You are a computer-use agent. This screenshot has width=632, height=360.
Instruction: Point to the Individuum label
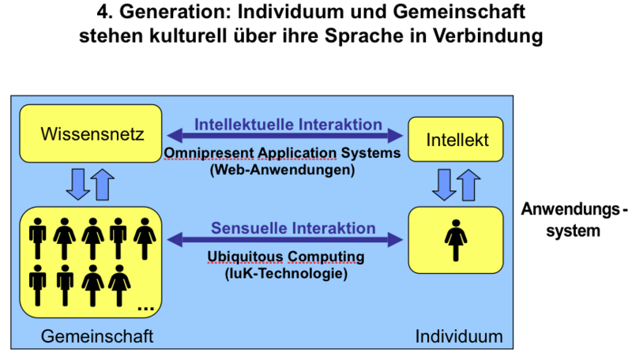pos(459,336)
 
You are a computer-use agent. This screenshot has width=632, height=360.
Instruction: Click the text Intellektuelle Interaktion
pos(288,125)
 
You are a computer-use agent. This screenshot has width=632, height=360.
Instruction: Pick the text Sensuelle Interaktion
pos(293,228)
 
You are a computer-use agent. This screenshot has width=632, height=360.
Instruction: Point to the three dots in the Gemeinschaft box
pos(145,305)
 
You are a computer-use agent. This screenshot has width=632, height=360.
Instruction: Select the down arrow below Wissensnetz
pos(77,184)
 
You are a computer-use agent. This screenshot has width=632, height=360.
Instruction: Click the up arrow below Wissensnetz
pos(103,184)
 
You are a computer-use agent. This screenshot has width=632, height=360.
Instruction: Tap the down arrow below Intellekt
pos(443,185)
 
